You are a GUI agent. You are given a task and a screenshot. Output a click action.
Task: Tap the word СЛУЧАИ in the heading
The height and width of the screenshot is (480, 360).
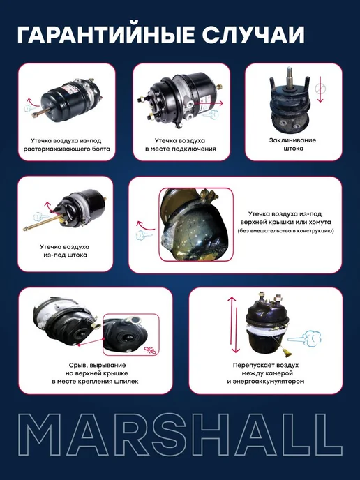tap(253, 35)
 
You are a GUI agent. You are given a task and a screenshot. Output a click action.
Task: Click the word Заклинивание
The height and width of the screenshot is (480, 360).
tap(292, 140)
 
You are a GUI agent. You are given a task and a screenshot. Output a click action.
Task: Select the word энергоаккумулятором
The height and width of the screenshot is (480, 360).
tap(266, 382)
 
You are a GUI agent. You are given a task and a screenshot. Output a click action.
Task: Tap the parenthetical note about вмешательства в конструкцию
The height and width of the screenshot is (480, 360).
tap(285, 230)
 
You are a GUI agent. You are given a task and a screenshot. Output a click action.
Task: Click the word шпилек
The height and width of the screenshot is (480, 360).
tap(126, 382)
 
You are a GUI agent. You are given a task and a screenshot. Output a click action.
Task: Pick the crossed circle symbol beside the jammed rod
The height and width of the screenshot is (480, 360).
tap(320, 89)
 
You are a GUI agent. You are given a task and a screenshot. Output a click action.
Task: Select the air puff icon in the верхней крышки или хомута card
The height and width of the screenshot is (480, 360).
tap(143, 235)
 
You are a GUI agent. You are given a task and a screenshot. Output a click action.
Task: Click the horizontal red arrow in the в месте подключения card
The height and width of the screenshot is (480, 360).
tap(209, 103)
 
